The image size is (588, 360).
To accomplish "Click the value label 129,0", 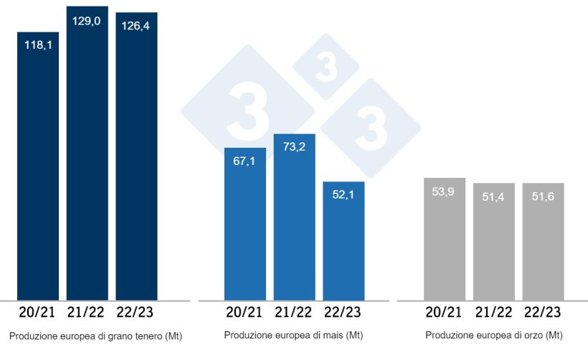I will point(87,22).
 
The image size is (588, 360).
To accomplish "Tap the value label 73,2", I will point(294,148).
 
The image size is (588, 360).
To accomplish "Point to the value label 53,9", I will point(445,192).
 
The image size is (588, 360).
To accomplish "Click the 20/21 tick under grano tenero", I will point(38,313).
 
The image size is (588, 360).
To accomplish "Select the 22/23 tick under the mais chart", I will point(343,313).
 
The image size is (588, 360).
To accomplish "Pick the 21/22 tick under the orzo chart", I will point(493,313).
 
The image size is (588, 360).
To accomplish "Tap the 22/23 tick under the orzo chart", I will point(543,313).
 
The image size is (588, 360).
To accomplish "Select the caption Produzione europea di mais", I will point(293,335).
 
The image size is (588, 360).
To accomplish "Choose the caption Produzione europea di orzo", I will point(493,335).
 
